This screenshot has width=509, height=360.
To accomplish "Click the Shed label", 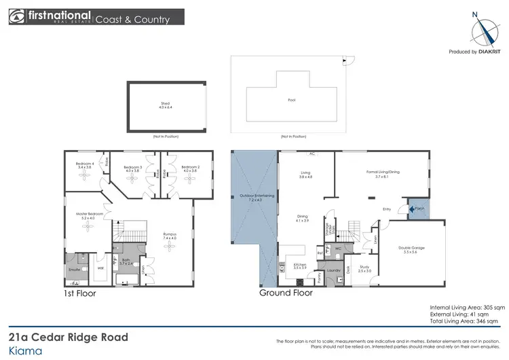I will (165, 105).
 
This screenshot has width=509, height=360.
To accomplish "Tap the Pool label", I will (292, 100).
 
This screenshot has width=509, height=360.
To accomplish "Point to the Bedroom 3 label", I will (132, 168).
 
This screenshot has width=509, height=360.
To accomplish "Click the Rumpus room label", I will (169, 236).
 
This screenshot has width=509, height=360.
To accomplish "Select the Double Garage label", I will (411, 249).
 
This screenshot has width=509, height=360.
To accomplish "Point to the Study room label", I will (364, 270).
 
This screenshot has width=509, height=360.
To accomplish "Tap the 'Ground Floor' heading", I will (286, 294).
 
